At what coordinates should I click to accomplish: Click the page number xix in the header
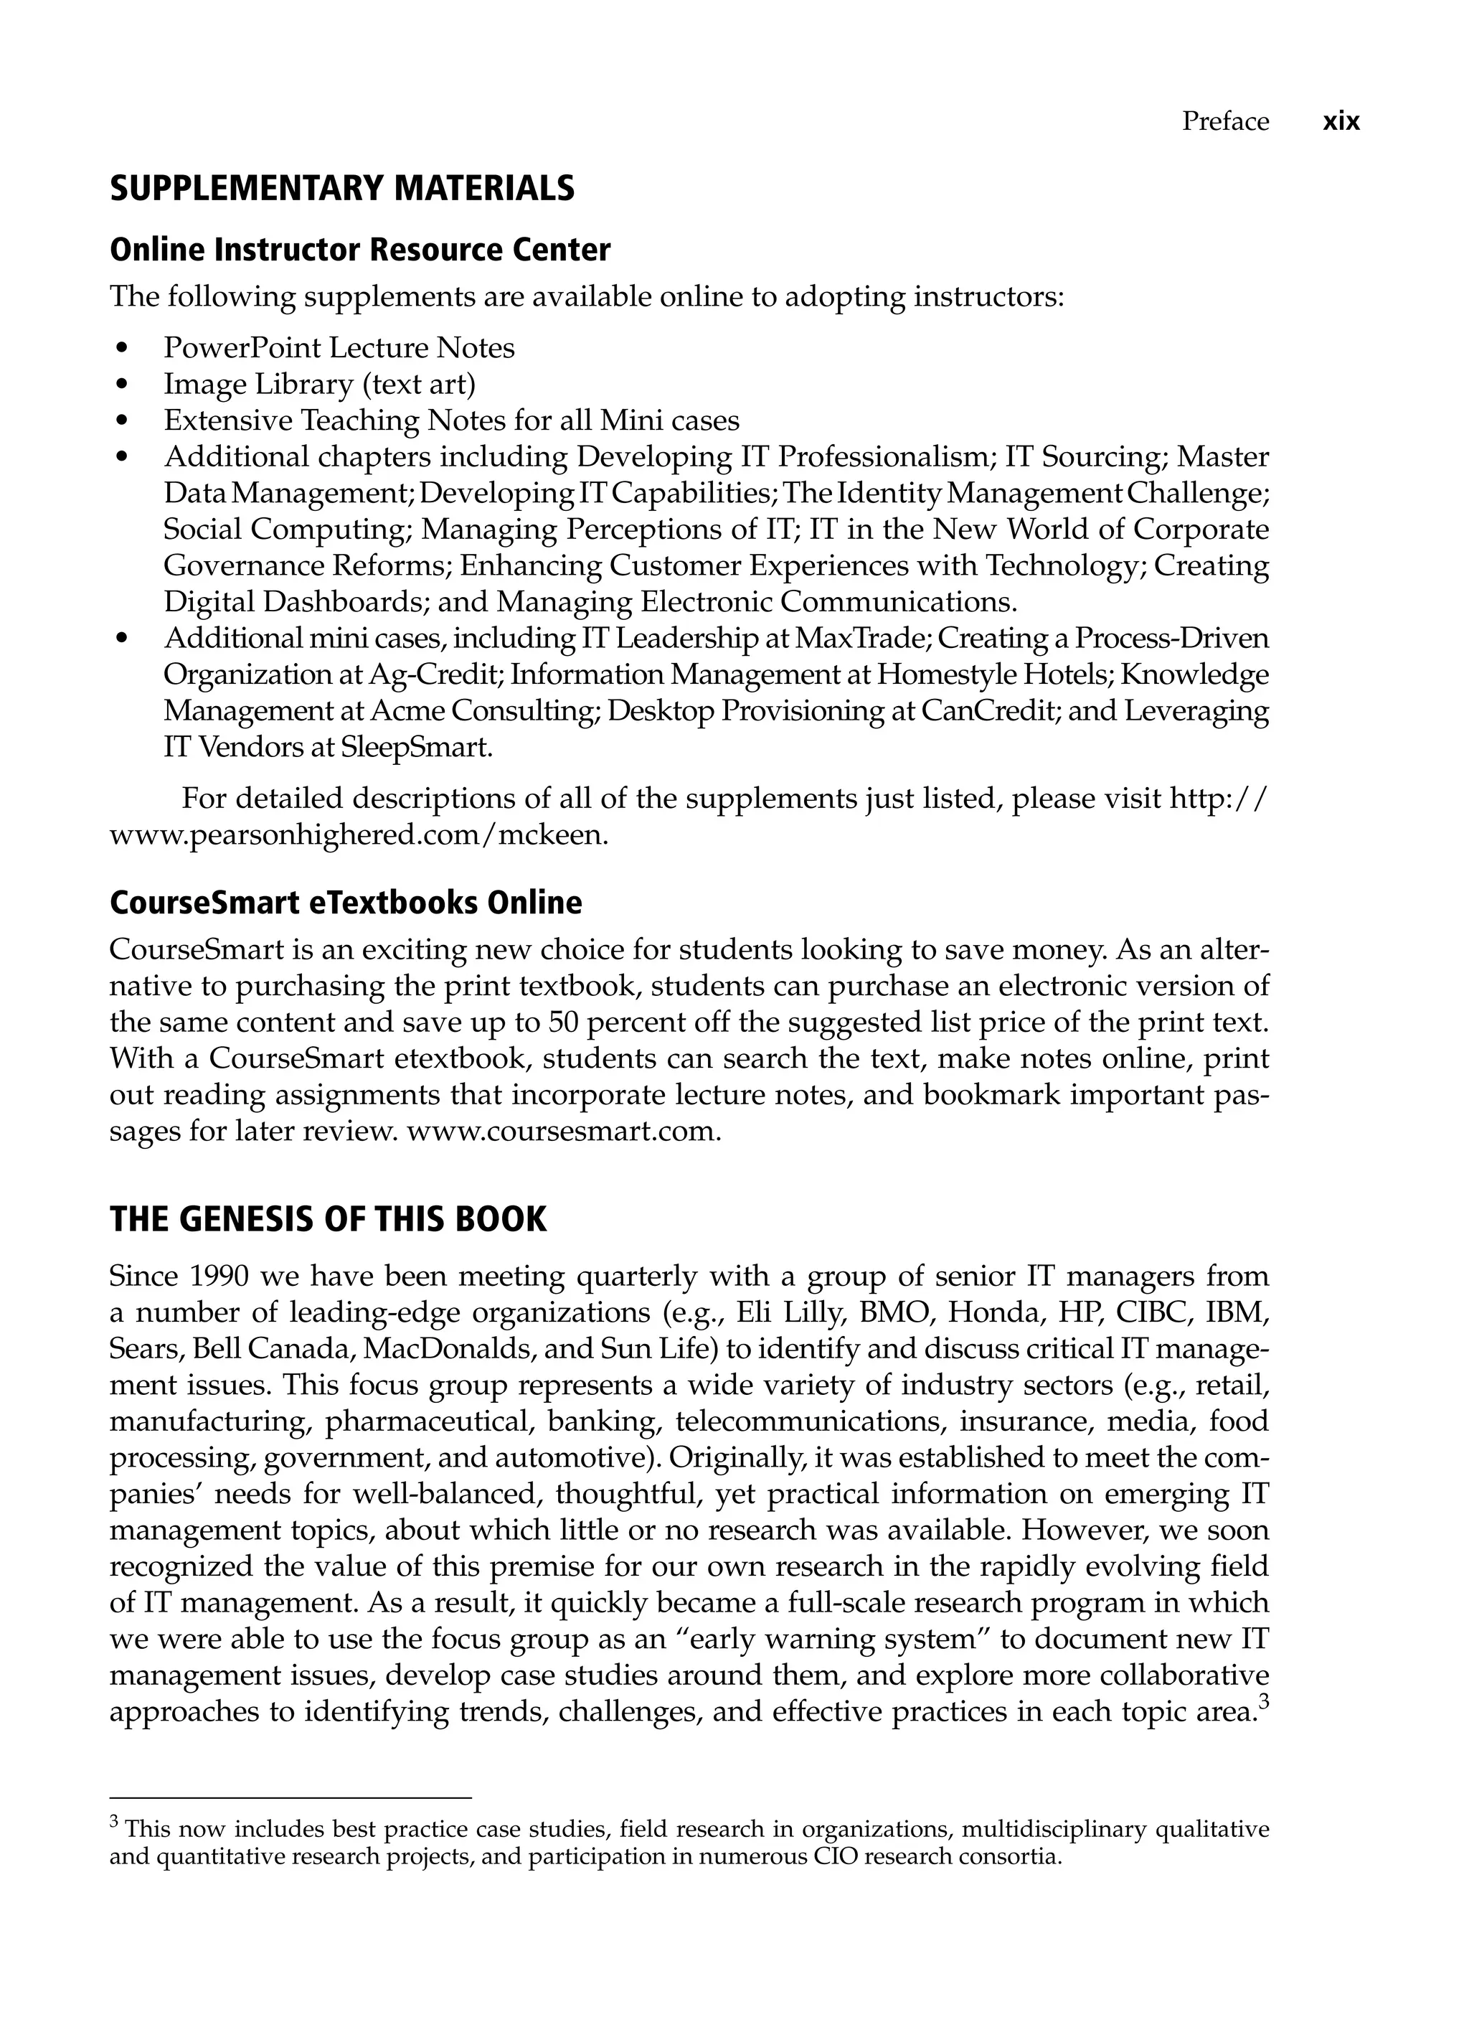(1341, 122)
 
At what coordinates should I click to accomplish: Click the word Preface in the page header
(1224, 122)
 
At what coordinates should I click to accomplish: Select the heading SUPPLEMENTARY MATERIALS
(341, 189)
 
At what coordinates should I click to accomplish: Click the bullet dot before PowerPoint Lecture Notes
(122, 349)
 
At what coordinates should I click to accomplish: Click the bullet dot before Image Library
(122, 385)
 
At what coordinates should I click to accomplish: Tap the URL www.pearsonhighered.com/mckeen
(359, 837)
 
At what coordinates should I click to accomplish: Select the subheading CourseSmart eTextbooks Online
(345, 903)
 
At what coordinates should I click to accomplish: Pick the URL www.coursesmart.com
(563, 1132)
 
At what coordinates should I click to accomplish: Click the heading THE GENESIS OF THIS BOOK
(327, 1218)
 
